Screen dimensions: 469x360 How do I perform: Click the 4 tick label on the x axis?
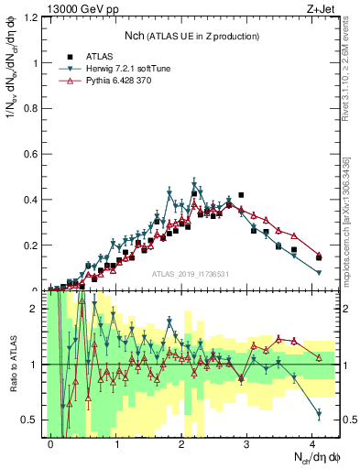(313, 442)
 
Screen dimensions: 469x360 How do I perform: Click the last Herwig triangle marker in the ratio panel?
(319, 414)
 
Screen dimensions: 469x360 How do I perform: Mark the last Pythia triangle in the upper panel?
(319, 256)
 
